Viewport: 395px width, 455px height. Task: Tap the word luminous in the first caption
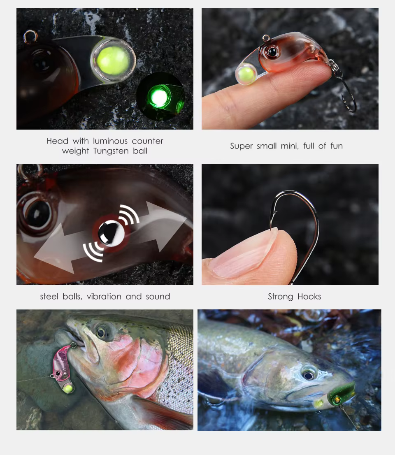point(110,141)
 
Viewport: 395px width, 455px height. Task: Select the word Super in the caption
point(241,146)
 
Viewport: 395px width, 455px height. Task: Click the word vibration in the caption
point(104,296)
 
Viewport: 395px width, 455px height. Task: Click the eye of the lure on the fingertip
point(272,52)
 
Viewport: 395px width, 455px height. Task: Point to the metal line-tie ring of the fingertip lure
point(265,38)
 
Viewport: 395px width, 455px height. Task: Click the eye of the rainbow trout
point(101,332)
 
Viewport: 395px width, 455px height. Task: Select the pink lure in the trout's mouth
point(63,367)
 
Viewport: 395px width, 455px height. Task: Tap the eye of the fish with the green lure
point(309,375)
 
